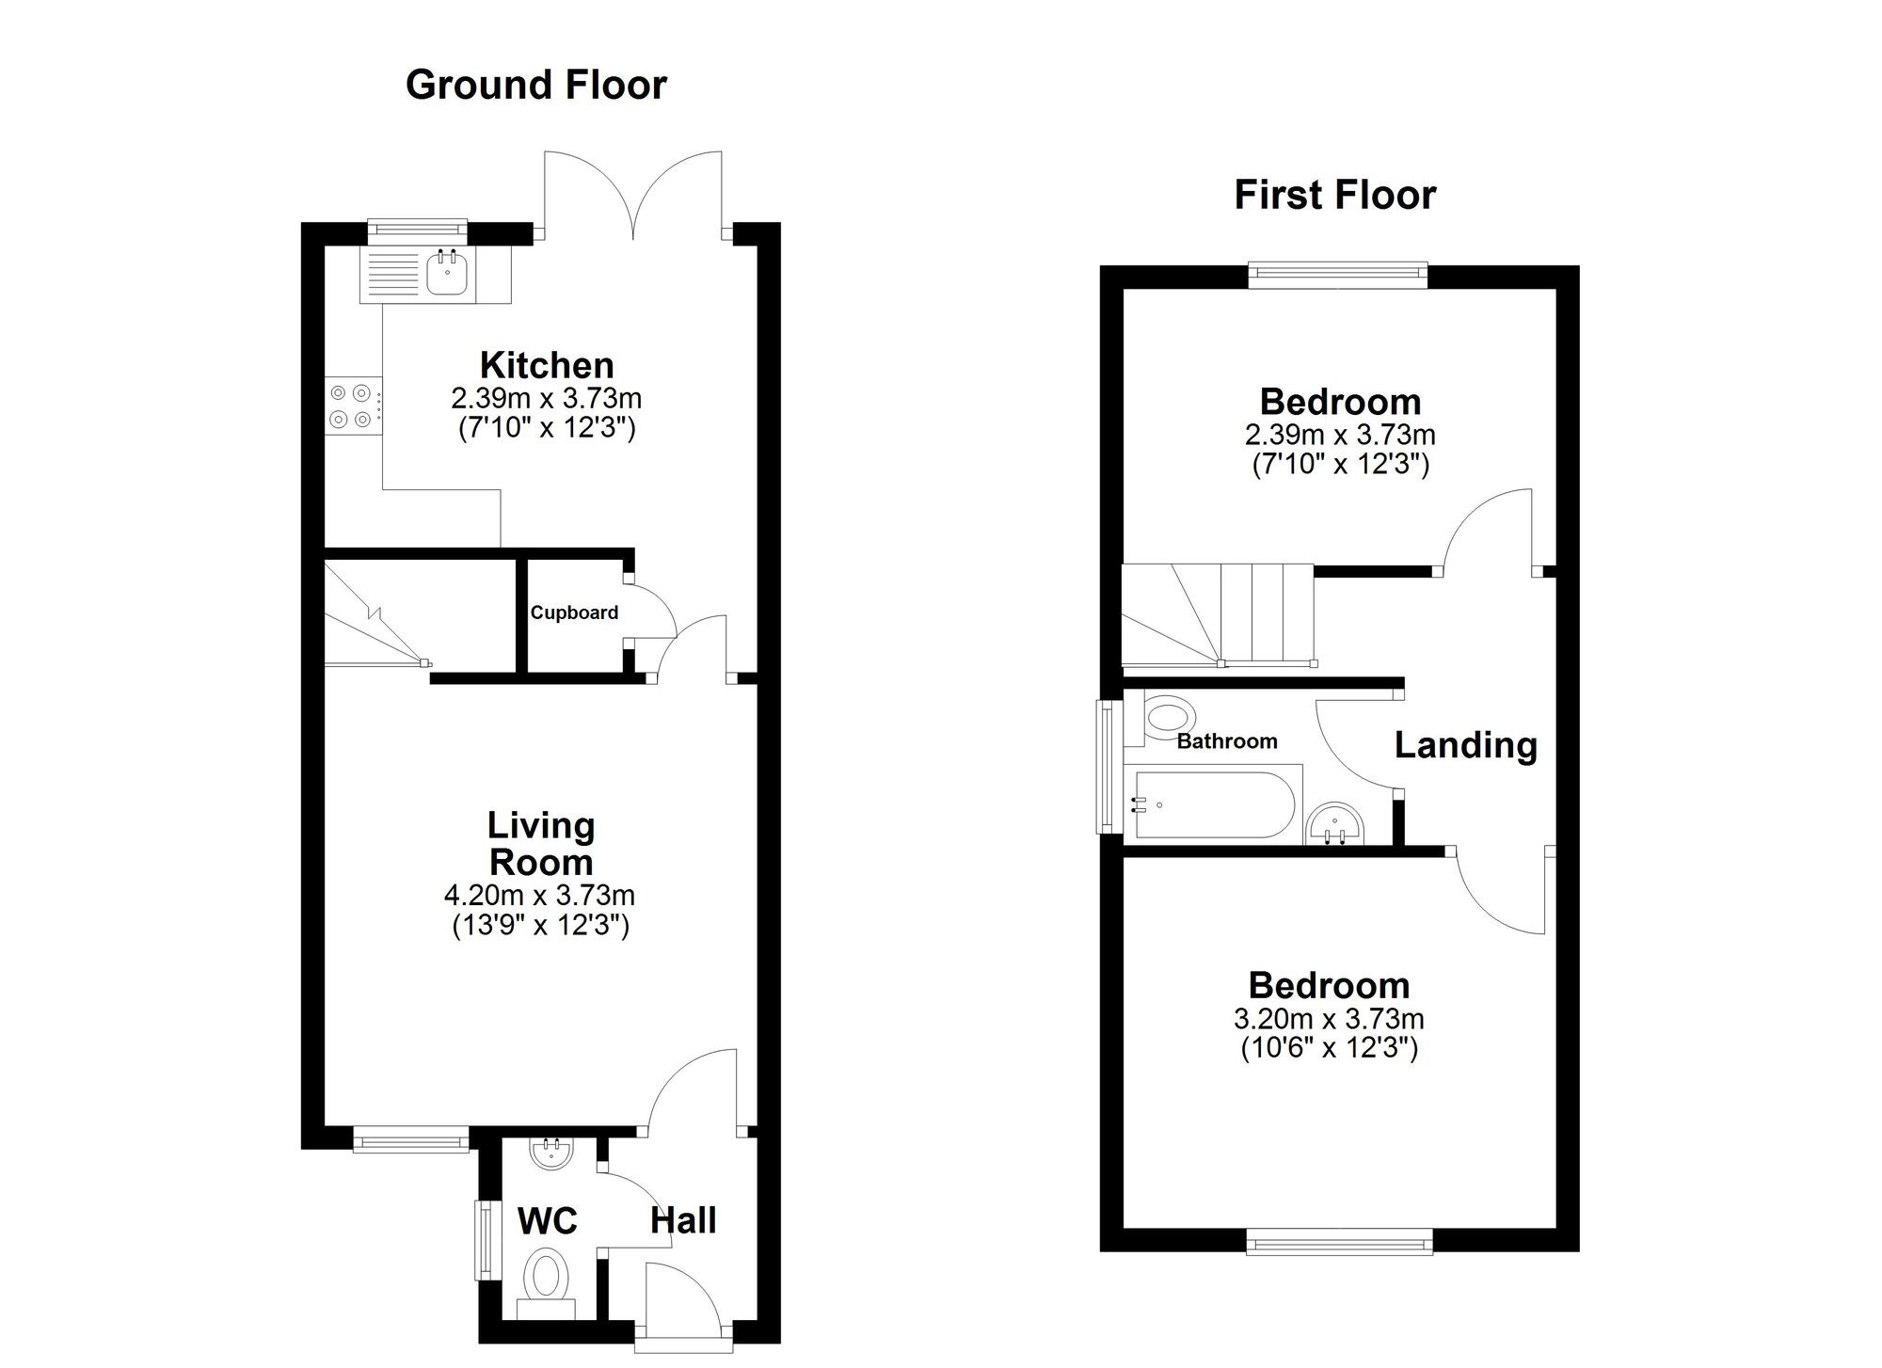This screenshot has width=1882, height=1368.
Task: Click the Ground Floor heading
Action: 535,85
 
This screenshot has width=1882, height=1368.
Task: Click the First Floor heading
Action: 1334,195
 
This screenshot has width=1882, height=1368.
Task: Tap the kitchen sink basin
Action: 446,274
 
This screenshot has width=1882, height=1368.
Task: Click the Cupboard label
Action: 574,612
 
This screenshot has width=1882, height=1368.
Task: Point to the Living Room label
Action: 541,844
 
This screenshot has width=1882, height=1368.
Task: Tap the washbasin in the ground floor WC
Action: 551,1153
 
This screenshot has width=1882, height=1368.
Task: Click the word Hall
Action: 683,1220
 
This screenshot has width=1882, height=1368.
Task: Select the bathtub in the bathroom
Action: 1214,805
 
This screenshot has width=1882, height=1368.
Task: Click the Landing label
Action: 1465,744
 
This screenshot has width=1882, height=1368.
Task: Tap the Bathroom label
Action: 1227,741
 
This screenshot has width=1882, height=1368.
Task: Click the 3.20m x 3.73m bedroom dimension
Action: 1329,1018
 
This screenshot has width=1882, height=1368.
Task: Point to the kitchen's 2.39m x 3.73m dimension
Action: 547,398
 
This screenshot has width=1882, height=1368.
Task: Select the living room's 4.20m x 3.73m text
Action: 540,895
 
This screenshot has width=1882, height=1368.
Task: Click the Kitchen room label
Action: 547,365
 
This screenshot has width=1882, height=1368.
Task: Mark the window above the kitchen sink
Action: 417,229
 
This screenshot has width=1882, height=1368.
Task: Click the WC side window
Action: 486,1239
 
